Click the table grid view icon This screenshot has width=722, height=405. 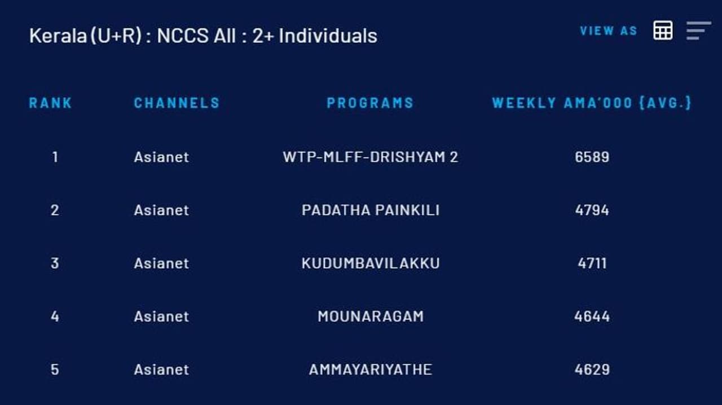click(663, 30)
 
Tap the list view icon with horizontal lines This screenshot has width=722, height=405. click(698, 31)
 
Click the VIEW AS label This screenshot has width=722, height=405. click(609, 31)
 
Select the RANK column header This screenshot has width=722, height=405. click(50, 103)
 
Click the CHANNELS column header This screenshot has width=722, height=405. click(177, 103)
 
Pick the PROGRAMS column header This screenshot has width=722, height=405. click(370, 103)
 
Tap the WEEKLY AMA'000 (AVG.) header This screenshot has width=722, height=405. click(592, 103)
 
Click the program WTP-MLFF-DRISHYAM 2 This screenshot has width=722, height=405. click(371, 157)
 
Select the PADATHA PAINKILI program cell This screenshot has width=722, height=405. click(371, 210)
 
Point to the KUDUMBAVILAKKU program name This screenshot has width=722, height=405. click(371, 263)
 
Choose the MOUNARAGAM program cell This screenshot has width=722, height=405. click(371, 316)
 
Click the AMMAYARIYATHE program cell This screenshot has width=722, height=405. click(371, 369)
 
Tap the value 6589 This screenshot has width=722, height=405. click(592, 157)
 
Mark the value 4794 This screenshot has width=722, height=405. click(592, 210)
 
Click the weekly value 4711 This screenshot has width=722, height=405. click(592, 263)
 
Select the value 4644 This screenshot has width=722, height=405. click(592, 316)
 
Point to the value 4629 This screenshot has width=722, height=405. click(592, 369)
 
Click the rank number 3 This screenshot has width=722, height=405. click(55, 263)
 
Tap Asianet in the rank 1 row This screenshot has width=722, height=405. click(161, 157)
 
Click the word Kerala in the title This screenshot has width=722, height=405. click(58, 36)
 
